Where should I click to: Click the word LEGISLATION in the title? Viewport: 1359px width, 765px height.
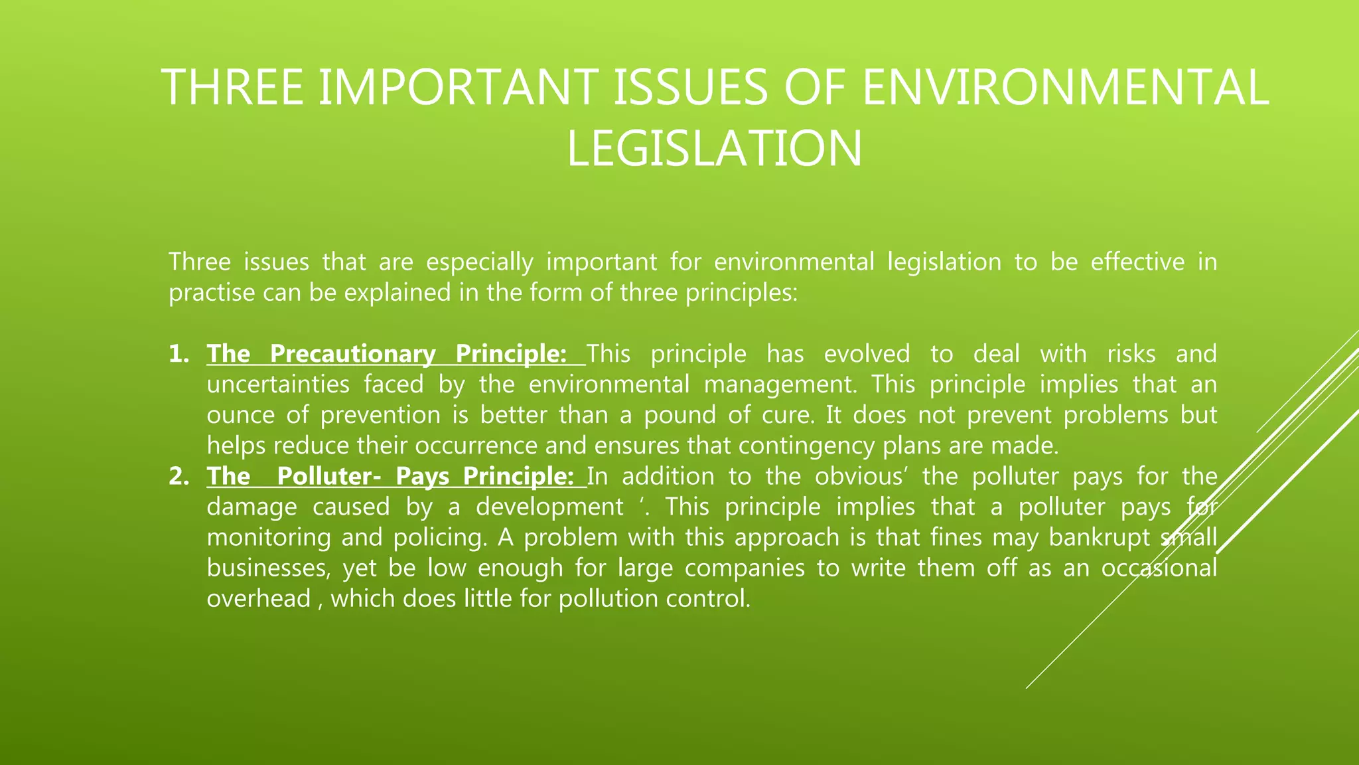tap(714, 149)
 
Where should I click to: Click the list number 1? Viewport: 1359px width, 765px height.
tap(178, 354)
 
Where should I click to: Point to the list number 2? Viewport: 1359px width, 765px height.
tap(178, 476)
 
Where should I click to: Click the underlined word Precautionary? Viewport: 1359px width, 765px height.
tap(352, 354)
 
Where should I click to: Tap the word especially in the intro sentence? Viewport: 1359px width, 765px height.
tap(479, 262)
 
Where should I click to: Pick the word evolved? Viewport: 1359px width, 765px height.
tap(867, 354)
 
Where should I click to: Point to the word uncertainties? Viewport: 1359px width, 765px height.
tap(278, 384)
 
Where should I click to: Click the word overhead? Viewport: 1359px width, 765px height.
tap(259, 598)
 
